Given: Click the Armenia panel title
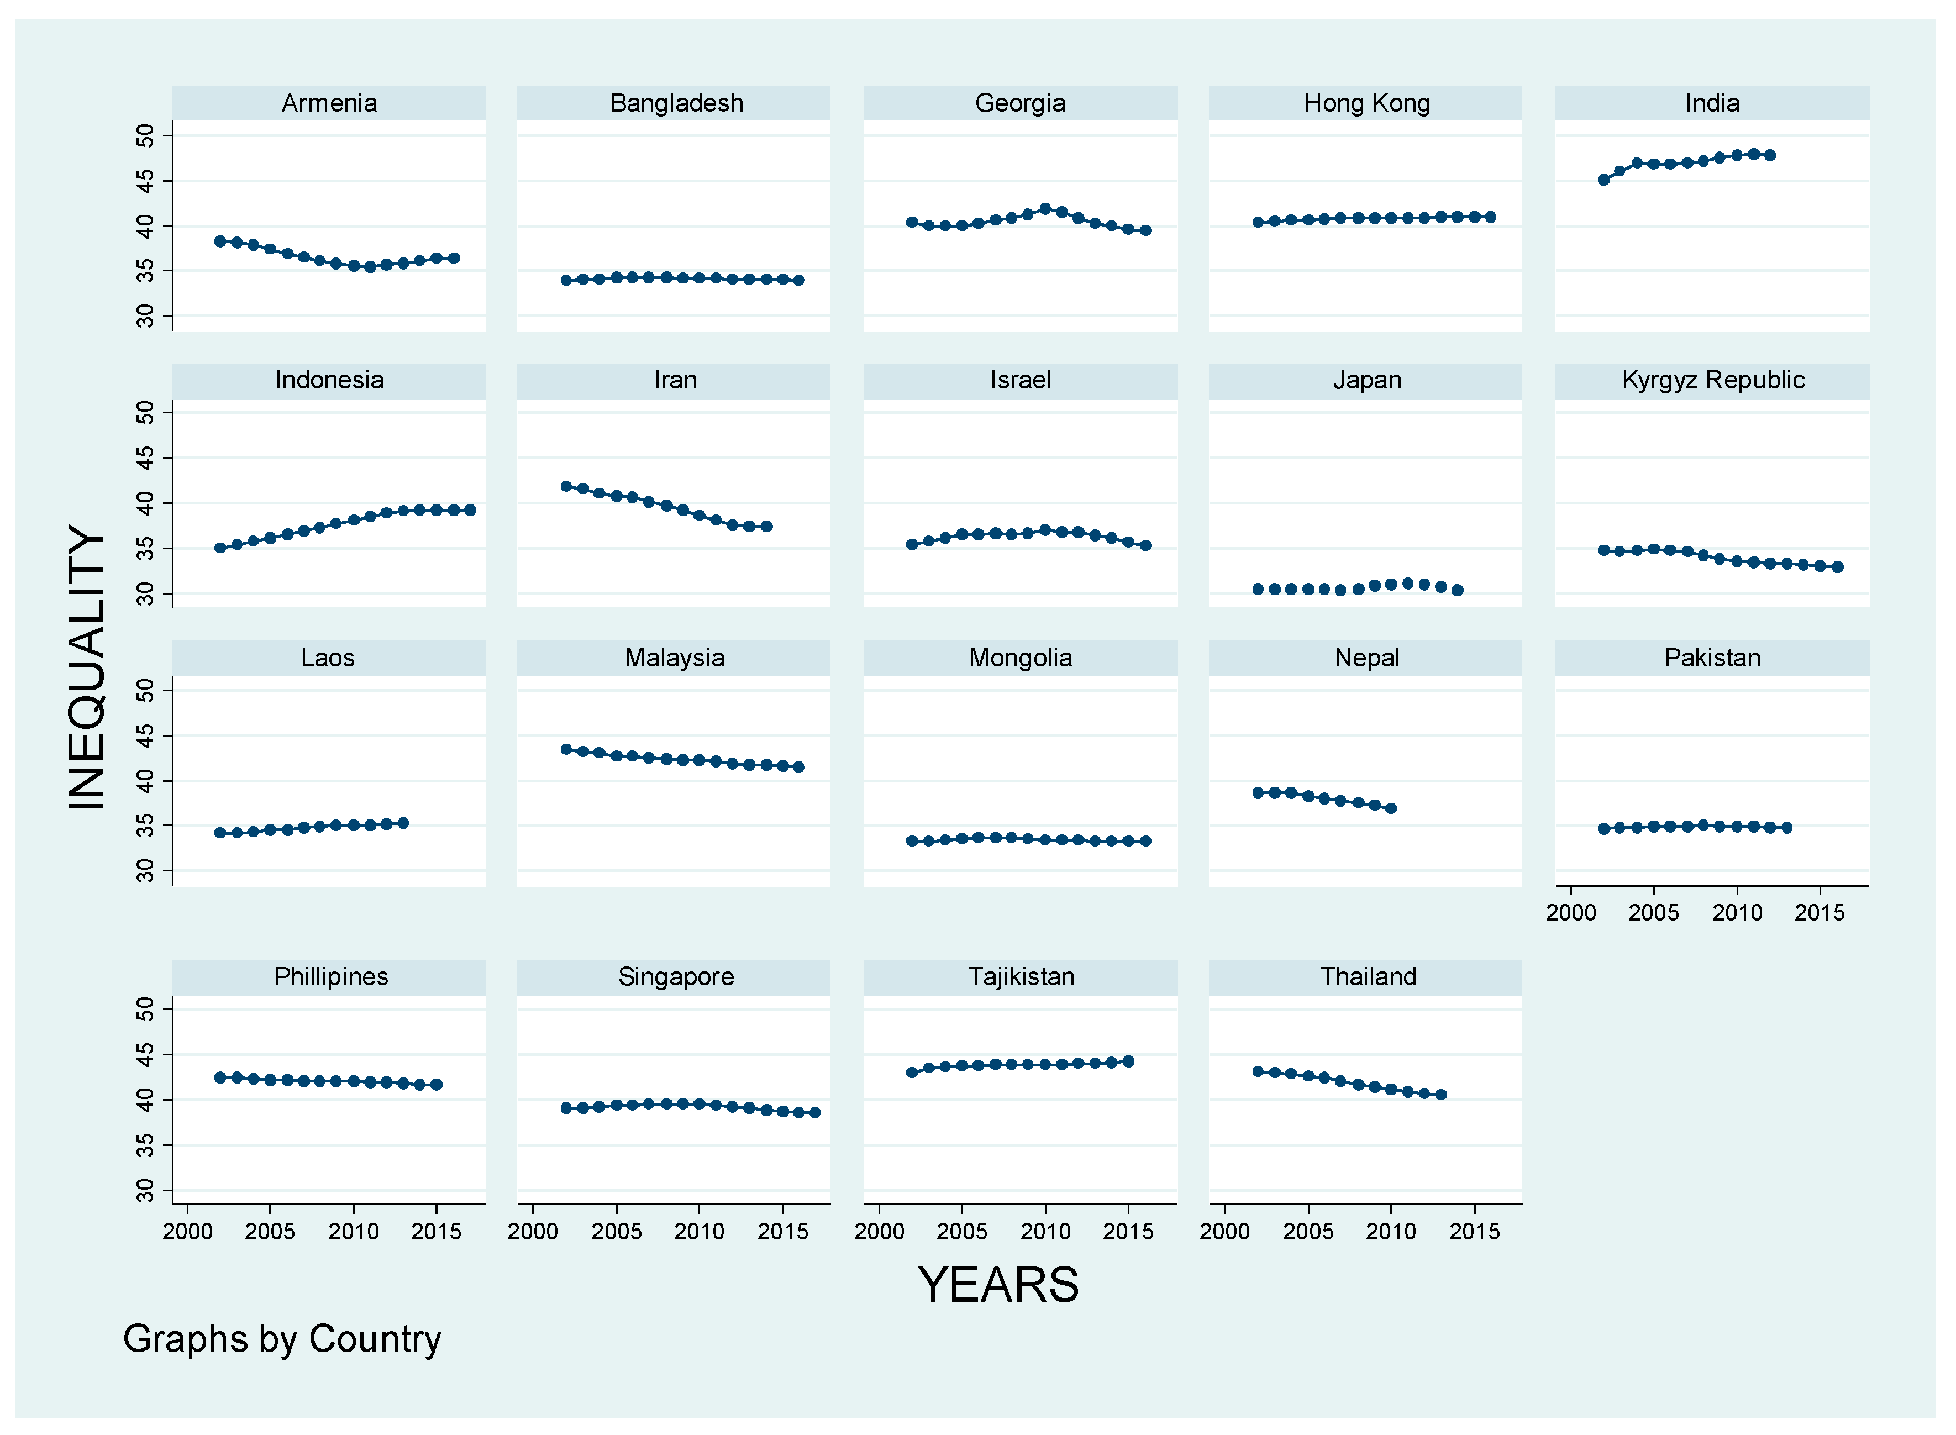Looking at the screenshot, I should (x=329, y=103).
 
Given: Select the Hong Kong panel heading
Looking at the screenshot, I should (x=1366, y=103).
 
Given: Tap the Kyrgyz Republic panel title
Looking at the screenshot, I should (x=1712, y=381).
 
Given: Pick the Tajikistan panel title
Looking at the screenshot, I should (x=1021, y=977).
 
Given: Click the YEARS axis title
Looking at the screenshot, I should (x=998, y=1285).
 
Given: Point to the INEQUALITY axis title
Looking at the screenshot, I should (x=87, y=667).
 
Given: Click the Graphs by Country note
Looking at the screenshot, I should (x=282, y=1339).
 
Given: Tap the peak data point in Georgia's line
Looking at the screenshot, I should (x=1045, y=208).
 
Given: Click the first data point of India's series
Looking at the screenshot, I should (x=1603, y=180).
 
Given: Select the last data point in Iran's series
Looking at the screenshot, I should (x=766, y=527).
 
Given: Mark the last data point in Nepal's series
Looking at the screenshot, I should (x=1391, y=808).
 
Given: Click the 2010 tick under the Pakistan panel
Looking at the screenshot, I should (x=1736, y=913).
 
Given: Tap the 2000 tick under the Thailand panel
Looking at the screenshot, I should (x=1224, y=1232).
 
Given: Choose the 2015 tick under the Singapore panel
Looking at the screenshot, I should (x=782, y=1232).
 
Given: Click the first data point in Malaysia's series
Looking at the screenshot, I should (x=566, y=749).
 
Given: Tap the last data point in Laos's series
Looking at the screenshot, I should (x=403, y=823).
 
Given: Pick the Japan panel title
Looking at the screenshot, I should (x=1366, y=381).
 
